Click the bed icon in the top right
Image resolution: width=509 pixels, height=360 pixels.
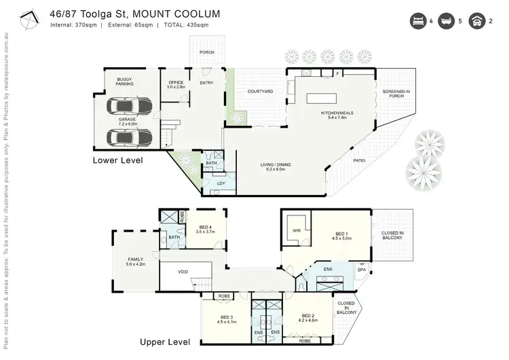click(417, 21)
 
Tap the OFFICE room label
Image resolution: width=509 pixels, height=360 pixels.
click(176, 83)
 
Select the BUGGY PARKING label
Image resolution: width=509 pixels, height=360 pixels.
click(124, 81)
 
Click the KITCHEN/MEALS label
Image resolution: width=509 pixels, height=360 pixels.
click(337, 113)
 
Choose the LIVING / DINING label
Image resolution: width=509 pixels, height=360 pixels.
click(276, 164)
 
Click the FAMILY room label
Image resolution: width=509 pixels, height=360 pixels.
click(135, 259)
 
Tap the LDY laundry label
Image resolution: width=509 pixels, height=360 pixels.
click(221, 183)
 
